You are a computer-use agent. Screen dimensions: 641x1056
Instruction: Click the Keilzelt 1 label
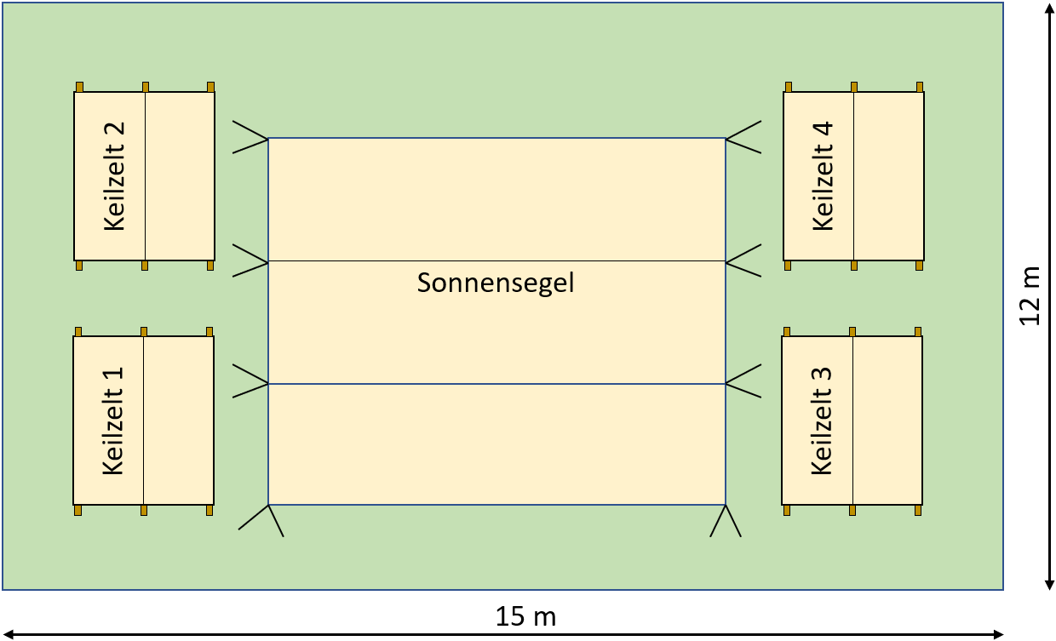click(113, 421)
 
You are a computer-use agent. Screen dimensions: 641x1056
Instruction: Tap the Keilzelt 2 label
click(115, 176)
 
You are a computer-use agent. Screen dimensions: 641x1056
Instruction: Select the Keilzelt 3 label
click(822, 421)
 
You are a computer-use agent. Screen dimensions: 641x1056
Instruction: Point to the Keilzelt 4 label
click(824, 176)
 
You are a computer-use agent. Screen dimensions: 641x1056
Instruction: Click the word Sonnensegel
click(496, 283)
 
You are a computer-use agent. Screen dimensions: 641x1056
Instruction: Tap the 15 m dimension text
click(525, 616)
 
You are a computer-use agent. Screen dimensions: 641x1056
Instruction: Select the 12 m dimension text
click(1030, 295)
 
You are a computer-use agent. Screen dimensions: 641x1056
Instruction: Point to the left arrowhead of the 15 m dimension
click(9, 633)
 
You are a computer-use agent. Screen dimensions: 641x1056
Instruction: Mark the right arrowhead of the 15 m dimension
click(998, 633)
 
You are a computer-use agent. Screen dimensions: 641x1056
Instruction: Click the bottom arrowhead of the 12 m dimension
click(1048, 583)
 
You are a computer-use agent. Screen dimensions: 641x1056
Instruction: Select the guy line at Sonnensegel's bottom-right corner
click(726, 521)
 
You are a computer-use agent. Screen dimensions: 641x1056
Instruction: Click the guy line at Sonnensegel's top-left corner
click(250, 137)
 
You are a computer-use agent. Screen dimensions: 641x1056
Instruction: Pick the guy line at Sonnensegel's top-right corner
click(743, 137)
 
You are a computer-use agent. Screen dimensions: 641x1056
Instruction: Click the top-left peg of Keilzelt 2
click(79, 87)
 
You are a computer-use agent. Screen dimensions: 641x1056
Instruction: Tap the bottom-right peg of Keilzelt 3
click(918, 510)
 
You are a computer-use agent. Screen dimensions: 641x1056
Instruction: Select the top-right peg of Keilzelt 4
click(919, 87)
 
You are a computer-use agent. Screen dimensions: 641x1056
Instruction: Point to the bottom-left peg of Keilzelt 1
click(77, 510)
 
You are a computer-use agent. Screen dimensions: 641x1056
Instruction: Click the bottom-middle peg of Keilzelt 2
click(145, 266)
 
